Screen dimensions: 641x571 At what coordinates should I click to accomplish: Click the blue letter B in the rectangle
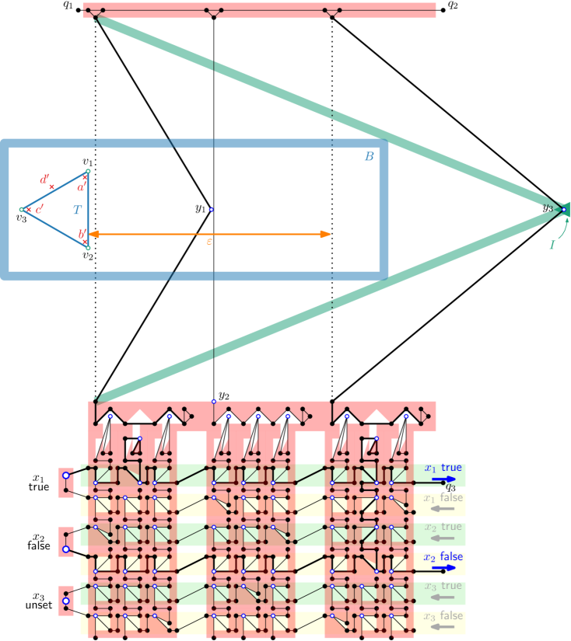click(369, 156)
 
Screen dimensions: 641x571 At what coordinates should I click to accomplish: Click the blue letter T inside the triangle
click(76, 210)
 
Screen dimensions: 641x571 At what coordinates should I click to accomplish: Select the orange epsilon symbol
click(208, 242)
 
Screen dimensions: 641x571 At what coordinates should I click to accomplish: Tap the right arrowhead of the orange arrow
click(327, 234)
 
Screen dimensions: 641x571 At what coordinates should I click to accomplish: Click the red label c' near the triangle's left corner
click(39, 209)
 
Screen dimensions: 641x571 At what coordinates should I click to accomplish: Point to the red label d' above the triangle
click(45, 179)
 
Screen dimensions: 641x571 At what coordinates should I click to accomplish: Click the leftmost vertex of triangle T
click(22, 209)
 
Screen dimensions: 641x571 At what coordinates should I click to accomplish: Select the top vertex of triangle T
click(88, 171)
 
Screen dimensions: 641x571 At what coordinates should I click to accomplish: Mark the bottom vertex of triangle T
click(88, 248)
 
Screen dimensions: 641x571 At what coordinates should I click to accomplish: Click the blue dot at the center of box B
click(211, 209)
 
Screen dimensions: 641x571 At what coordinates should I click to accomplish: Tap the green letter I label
click(552, 245)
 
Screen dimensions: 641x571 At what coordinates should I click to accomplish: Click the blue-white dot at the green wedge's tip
click(563, 209)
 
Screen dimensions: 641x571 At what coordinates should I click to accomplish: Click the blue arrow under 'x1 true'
click(444, 479)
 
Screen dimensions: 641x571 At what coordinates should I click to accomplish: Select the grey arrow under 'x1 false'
click(444, 509)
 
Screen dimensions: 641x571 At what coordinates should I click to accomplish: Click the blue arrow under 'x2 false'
click(444, 568)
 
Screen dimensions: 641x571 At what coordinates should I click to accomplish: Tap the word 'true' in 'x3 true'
click(451, 586)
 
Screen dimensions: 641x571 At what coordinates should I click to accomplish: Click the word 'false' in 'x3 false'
click(451, 615)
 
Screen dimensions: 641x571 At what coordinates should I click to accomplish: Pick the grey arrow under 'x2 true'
click(444, 538)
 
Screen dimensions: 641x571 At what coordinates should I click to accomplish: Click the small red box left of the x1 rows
click(67, 482)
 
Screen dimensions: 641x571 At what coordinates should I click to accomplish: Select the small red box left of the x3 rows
click(67, 601)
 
